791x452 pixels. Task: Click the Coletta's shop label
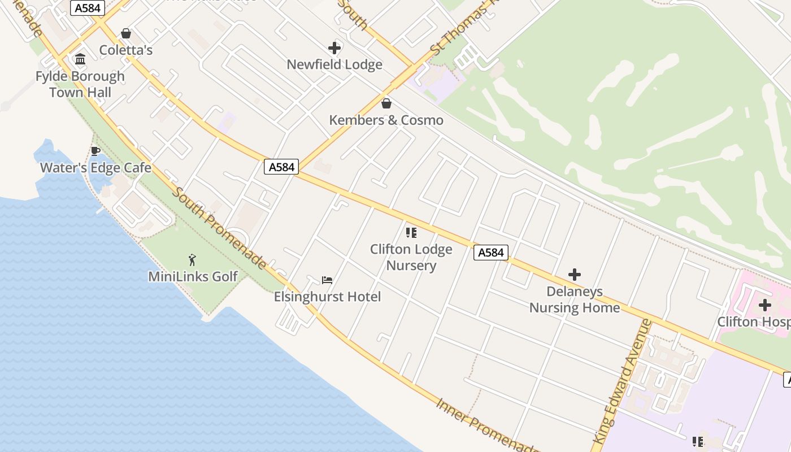(125, 50)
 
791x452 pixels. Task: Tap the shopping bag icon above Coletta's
(126, 33)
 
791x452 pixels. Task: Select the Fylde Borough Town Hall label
(80, 84)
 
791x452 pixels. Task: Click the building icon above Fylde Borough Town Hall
(80, 59)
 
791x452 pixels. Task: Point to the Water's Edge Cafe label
(95, 168)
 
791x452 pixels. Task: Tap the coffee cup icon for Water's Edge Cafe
(95, 151)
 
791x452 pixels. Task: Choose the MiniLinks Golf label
(193, 277)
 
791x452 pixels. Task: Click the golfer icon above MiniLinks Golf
(192, 260)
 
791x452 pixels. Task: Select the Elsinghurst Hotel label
(327, 297)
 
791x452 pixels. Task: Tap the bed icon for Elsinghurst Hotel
(327, 280)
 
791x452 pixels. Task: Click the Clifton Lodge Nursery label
(411, 258)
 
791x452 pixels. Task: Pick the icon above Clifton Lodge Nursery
(411, 232)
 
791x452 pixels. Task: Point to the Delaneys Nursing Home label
(574, 300)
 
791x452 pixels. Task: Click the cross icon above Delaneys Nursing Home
(575, 275)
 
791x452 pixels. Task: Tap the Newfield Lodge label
(334, 64)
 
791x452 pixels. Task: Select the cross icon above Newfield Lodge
(334, 48)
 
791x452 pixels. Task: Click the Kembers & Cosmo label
(386, 120)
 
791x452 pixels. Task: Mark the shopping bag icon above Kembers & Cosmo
(386, 103)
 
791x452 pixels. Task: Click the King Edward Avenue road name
(622, 382)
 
